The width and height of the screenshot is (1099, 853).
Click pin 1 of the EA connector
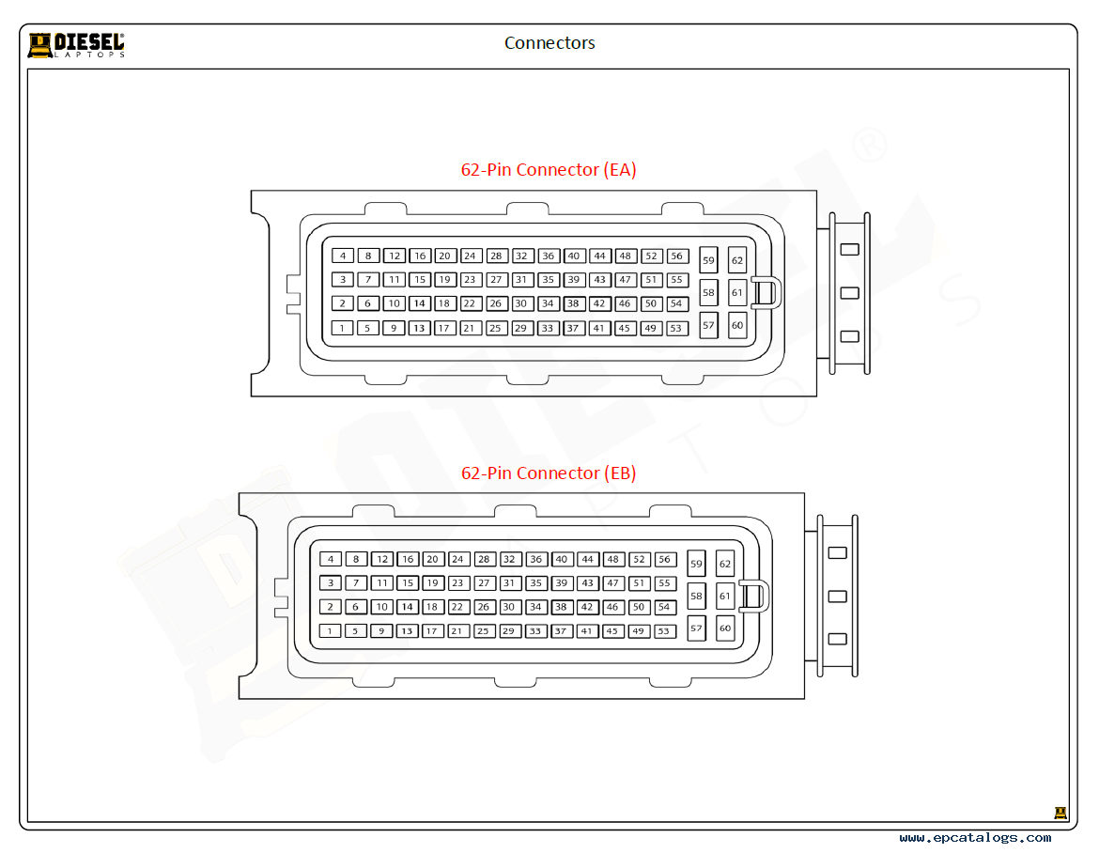(342, 328)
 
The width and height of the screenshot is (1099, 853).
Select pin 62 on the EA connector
(737, 260)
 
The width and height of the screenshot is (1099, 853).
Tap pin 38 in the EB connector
(561, 607)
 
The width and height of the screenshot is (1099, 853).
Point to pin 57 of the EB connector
(696, 628)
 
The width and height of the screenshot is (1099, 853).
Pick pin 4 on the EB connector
(331, 559)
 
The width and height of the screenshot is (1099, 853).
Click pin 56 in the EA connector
(676, 256)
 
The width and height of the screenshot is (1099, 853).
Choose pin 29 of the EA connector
(520, 328)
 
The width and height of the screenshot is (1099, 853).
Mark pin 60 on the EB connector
(725, 628)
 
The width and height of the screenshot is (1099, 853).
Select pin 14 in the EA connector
(419, 303)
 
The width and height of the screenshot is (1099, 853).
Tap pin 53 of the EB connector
(664, 630)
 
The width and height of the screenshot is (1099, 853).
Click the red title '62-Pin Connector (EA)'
(549, 170)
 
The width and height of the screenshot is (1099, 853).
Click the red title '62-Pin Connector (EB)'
(549, 473)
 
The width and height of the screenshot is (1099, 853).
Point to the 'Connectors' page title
(549, 43)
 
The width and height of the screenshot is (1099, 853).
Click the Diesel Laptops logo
(76, 45)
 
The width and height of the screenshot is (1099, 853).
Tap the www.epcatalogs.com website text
(975, 838)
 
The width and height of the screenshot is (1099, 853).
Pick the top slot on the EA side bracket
(849, 249)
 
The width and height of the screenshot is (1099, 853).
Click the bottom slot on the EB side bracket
(838, 639)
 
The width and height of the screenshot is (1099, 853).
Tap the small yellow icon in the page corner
(1060, 813)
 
